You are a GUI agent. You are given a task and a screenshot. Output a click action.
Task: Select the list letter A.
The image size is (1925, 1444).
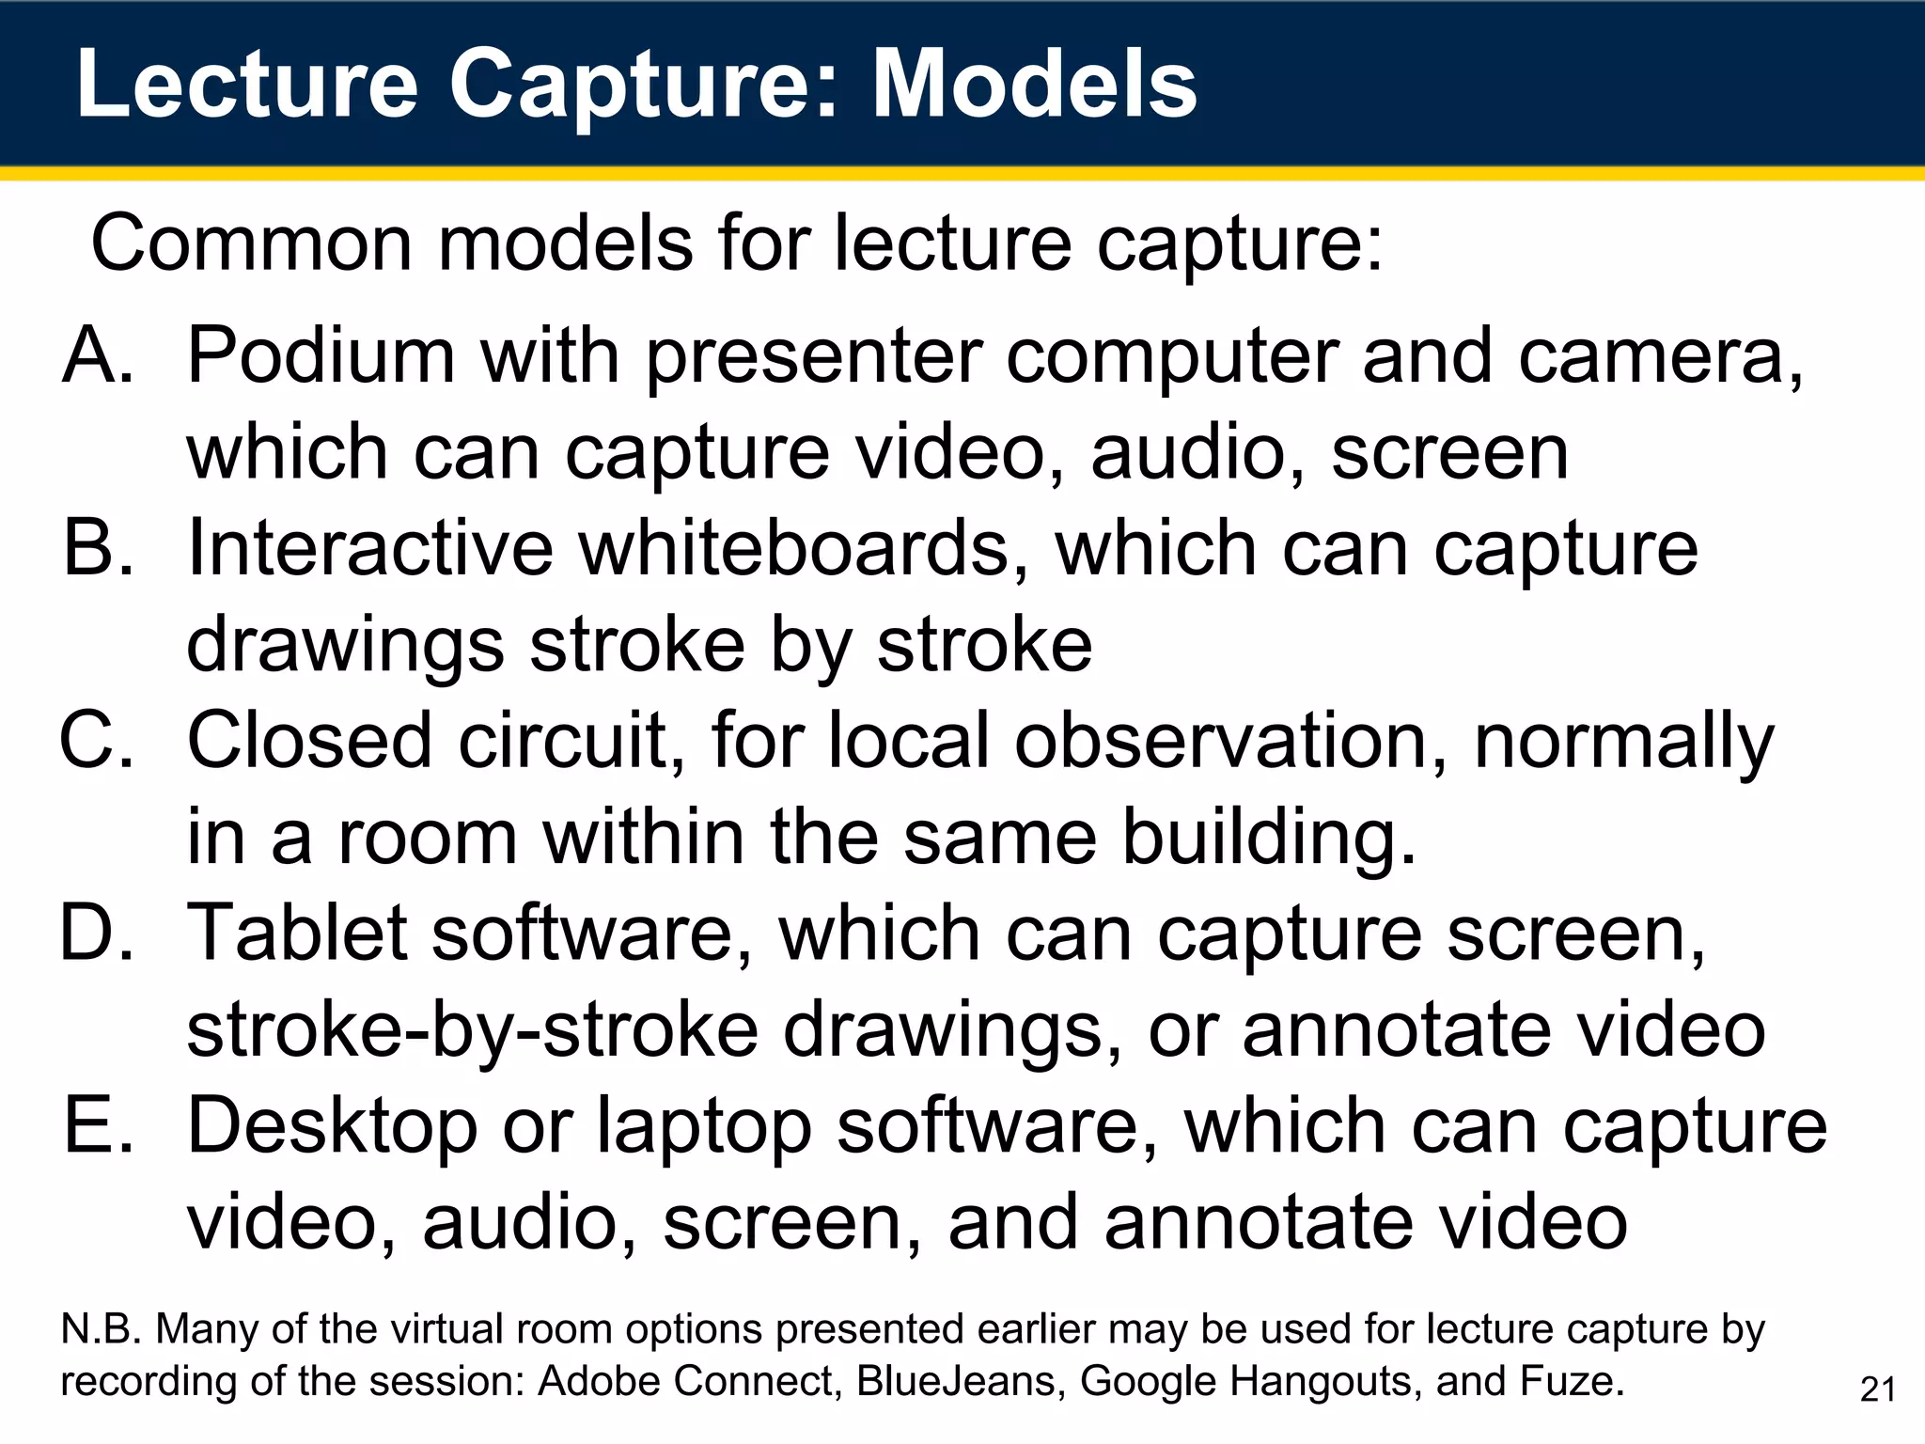(x=98, y=355)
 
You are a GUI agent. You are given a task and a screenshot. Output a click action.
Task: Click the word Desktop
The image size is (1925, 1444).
(x=333, y=1126)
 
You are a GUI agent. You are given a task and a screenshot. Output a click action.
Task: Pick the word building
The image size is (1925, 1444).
(x=1269, y=838)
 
